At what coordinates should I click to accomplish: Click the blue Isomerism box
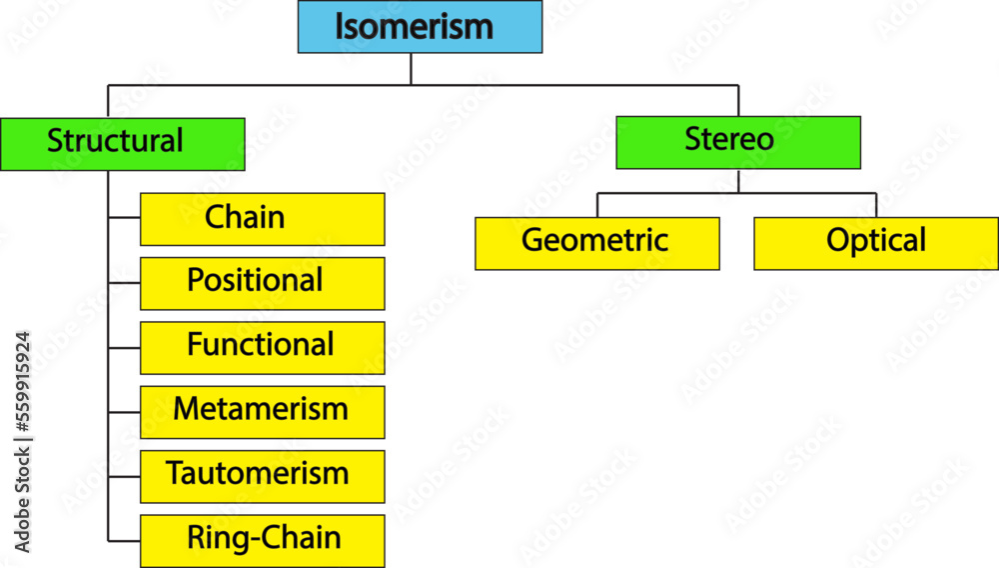pos(420,27)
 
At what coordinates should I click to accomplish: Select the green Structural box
pos(122,143)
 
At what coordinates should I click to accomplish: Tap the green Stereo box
pos(738,142)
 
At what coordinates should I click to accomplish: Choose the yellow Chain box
pos(262,219)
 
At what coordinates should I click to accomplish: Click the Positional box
pos(262,283)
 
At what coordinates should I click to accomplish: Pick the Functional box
pos(262,347)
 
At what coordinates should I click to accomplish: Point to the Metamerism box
pos(262,411)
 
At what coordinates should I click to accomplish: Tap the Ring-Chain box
pos(262,540)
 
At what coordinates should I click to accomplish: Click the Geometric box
pos(596,244)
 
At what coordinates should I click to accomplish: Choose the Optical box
pos(875,244)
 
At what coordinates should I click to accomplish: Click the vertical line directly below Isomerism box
pos(411,69)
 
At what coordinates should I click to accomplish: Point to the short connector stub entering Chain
pos(124,217)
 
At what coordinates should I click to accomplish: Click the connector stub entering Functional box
pos(124,347)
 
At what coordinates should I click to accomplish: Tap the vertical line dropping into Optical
pos(876,205)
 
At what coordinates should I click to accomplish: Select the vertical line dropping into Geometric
pos(597,205)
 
